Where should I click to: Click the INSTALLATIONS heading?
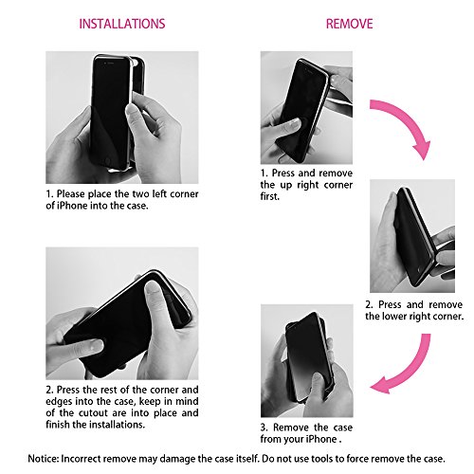click(122, 24)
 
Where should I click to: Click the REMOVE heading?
click(349, 24)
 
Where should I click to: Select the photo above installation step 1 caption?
click(122, 118)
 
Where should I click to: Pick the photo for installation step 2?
click(122, 313)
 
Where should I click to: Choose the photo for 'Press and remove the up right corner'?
click(306, 107)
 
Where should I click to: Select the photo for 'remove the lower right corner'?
click(412, 236)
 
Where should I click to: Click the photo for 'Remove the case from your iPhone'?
click(307, 361)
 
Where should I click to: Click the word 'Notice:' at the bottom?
click(44, 459)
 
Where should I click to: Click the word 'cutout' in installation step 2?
click(93, 413)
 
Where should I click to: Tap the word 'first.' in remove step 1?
click(270, 196)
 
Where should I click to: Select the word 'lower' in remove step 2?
click(396, 316)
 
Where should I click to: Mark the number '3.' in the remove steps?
click(264, 428)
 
